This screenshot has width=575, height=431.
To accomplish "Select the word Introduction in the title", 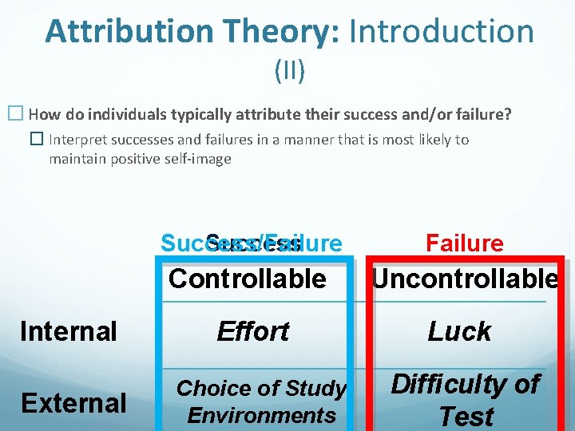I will pyautogui.click(x=442, y=31).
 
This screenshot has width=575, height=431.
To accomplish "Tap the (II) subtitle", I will pyautogui.click(x=288, y=71).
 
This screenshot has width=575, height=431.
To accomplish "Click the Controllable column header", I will pyautogui.click(x=248, y=279).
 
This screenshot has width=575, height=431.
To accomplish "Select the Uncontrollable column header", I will pyautogui.click(x=465, y=279).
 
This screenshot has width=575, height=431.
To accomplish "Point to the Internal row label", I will pyautogui.click(x=69, y=330).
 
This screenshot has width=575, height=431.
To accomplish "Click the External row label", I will pyautogui.click(x=73, y=403).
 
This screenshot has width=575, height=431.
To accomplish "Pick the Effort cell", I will pyautogui.click(x=252, y=330).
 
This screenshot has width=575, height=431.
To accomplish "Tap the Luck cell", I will pyautogui.click(x=459, y=330).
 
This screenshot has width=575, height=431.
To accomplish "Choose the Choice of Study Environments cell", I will pyautogui.click(x=261, y=401).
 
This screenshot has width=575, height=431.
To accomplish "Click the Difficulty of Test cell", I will pyautogui.click(x=466, y=400).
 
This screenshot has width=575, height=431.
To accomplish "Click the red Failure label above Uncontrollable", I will pyautogui.click(x=464, y=243).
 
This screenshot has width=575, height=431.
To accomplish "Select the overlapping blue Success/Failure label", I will pyautogui.click(x=251, y=243).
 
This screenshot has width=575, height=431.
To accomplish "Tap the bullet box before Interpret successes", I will pyautogui.click(x=37, y=140).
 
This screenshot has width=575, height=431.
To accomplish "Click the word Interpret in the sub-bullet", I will pyautogui.click(x=77, y=140).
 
